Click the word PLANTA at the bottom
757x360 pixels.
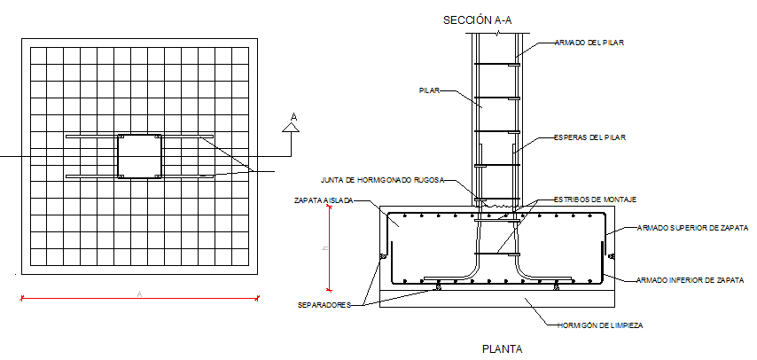point(503,348)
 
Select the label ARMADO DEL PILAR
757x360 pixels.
point(589,43)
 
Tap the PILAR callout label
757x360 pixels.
point(430,90)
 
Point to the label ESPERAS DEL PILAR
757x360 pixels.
point(589,137)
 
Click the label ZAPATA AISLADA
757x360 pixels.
point(324,201)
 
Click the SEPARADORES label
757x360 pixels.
point(324,304)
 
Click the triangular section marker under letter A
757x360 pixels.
point(292,129)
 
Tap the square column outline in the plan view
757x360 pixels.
point(139,156)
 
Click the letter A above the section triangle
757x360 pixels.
point(293,116)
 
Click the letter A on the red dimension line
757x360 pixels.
point(139,293)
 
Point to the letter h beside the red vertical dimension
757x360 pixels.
point(324,249)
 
